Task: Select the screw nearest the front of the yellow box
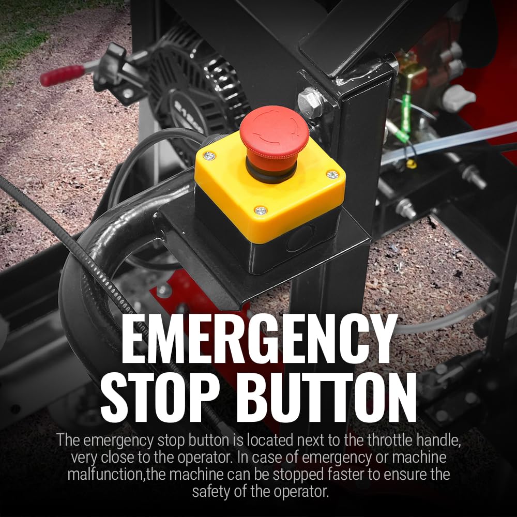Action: point(261,210)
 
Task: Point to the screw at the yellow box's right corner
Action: point(332,174)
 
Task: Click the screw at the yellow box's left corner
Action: point(209,155)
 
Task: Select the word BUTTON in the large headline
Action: point(326,397)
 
